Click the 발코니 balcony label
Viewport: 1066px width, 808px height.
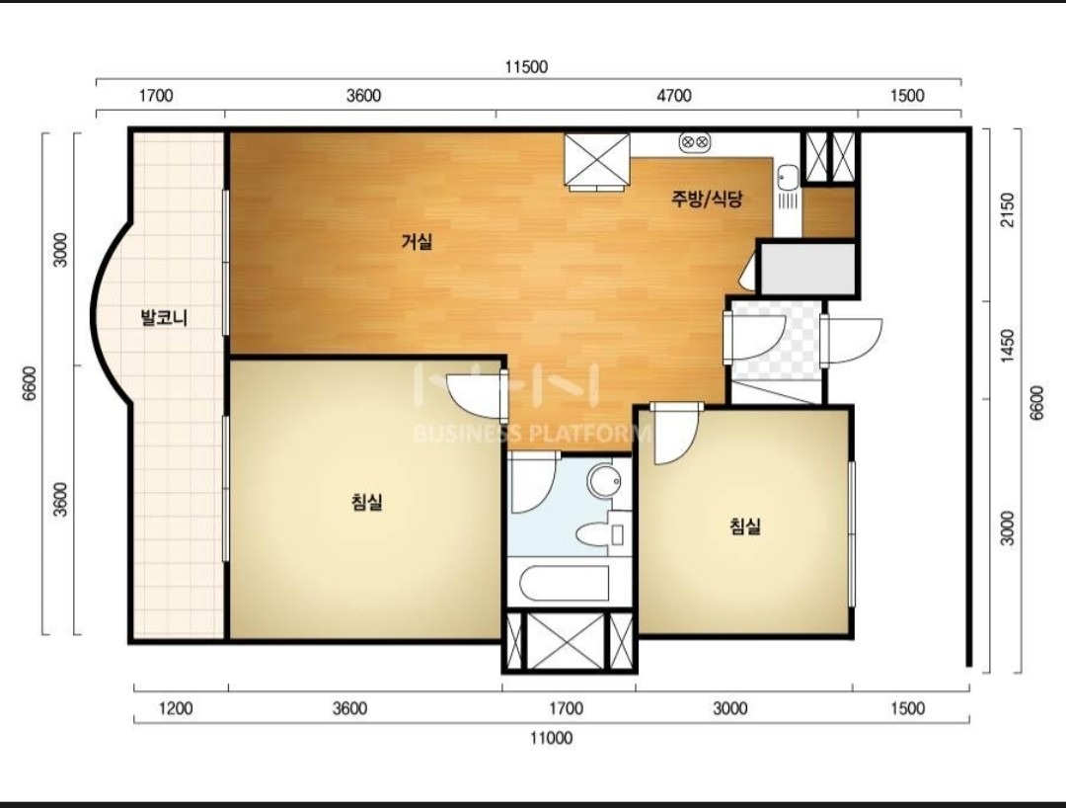tap(163, 318)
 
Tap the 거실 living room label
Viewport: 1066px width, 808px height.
tap(417, 241)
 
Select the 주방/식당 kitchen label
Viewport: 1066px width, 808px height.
tap(707, 199)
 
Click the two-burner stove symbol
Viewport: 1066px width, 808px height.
tap(695, 142)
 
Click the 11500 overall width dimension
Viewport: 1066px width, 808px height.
tap(526, 66)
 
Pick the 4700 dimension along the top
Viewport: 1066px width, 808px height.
tap(674, 95)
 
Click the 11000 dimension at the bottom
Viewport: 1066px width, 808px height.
tap(552, 738)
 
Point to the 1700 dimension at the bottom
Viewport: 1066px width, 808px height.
tap(567, 708)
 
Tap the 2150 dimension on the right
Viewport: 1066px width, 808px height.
tap(1008, 210)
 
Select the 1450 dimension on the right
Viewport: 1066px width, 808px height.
tap(1008, 346)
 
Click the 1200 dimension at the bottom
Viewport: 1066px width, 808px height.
tap(176, 708)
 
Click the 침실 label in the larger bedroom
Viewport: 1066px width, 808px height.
tap(366, 503)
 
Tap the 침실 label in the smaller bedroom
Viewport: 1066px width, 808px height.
tap(745, 525)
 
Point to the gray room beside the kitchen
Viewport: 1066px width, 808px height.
tap(807, 268)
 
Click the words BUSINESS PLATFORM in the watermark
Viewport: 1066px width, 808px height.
tap(532, 434)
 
